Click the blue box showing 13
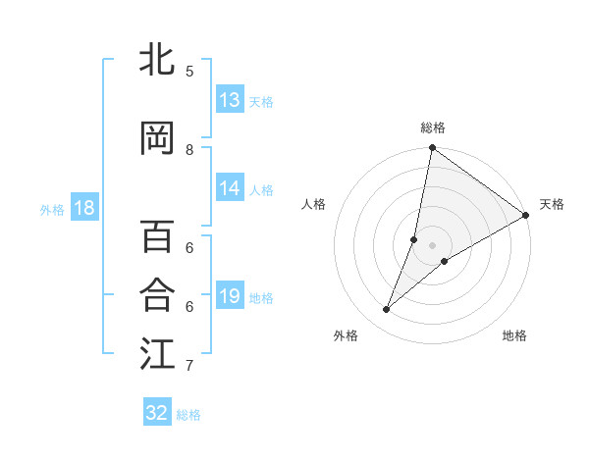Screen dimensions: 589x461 point(230,100)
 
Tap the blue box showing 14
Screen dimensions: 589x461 point(230,188)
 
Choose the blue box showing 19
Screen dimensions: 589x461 point(230,296)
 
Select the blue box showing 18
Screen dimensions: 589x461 point(83,208)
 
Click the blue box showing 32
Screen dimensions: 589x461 point(157,413)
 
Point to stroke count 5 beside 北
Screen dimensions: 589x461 point(188,71)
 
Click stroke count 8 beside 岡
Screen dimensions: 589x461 point(188,150)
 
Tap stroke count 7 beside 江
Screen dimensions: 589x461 point(188,366)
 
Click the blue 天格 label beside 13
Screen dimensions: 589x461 point(260,101)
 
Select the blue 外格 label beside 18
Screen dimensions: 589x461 point(52,209)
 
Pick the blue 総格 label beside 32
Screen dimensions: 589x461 point(188,414)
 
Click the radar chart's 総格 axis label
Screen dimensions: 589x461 point(432,128)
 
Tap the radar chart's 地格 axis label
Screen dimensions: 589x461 point(514,335)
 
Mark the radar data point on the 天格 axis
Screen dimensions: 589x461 point(526,215)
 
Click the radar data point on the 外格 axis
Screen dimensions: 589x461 point(387,310)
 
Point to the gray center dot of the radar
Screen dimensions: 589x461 point(432,245)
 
